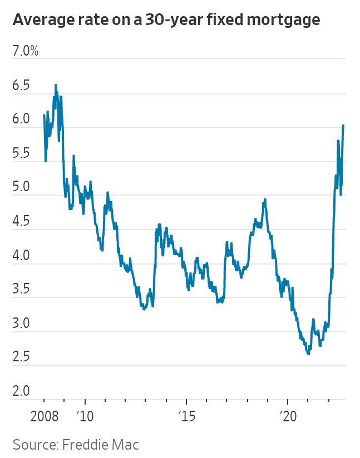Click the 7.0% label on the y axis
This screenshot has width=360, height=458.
click(x=25, y=52)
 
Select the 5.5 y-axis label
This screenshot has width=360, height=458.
click(x=22, y=155)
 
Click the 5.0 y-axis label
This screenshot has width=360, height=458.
click(x=22, y=188)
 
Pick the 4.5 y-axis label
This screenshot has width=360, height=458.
click(x=22, y=223)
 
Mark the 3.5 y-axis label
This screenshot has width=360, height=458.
click(x=22, y=291)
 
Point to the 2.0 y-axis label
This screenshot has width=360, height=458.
click(x=22, y=393)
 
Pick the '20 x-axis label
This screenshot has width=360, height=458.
click(x=288, y=416)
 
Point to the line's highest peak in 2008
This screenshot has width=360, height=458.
click(x=56, y=85)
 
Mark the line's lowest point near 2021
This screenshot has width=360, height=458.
click(x=308, y=354)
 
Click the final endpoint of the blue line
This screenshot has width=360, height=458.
click(x=343, y=125)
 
